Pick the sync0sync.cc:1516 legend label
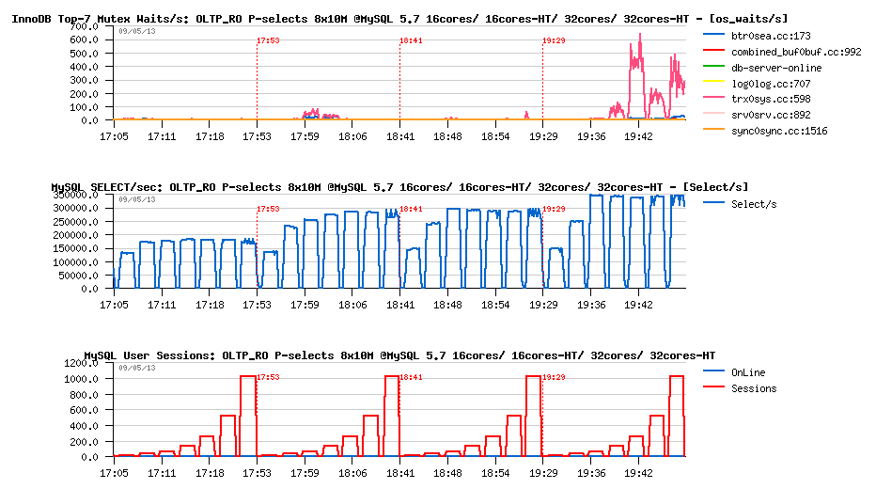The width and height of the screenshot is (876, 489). (778, 131)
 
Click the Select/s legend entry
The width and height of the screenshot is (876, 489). (753, 204)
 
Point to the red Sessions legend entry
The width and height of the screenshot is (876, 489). (754, 388)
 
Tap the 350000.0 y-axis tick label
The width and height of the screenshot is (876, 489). (76, 195)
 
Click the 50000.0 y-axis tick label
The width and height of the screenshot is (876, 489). (79, 275)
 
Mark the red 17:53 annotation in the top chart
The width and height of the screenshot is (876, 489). (268, 40)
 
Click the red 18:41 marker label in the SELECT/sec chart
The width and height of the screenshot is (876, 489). (411, 209)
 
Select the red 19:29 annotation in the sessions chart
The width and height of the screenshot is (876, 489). (554, 377)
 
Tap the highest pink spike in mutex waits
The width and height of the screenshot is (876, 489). (640, 35)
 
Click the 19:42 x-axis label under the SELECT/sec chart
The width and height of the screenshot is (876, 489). (639, 305)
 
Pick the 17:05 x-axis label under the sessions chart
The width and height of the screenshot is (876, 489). (114, 473)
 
